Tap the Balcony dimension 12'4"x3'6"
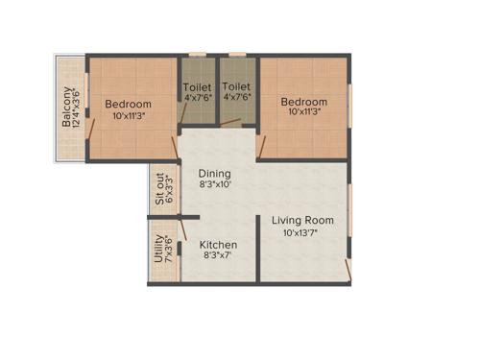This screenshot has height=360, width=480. point(77,108)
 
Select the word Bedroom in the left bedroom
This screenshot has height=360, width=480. point(128,104)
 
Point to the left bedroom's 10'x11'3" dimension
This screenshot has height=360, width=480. point(128,116)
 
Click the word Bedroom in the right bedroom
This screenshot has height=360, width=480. point(303,101)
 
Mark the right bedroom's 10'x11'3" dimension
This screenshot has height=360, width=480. point(303,112)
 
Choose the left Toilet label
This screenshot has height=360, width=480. point(198,86)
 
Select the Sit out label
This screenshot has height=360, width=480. point(159,190)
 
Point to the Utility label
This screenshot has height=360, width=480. point(158,250)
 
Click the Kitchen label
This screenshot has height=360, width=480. point(218,245)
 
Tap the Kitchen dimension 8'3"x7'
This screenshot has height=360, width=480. point(218,257)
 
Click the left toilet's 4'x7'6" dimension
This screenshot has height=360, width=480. point(198,97)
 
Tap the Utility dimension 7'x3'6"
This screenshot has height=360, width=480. point(169,250)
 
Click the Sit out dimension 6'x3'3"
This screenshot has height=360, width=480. point(170,190)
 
